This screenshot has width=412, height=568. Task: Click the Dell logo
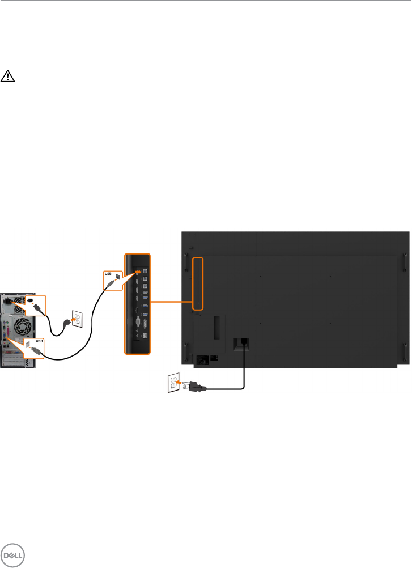tap(11, 556)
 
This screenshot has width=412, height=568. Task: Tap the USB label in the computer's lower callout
tap(39, 342)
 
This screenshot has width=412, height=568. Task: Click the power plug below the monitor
tap(194, 387)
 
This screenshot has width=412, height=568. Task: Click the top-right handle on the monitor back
tap(405, 262)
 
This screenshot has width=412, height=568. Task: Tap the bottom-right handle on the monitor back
tap(405, 351)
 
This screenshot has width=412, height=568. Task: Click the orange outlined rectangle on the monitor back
tap(197, 283)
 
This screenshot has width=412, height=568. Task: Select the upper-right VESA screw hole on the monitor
tap(330, 277)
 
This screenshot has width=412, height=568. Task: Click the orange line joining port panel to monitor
tap(171, 301)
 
